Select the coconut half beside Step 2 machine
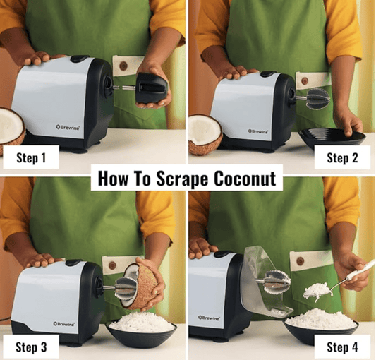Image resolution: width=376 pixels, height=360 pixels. pyautogui.click(x=205, y=132)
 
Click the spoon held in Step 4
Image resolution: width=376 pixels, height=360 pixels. pyautogui.click(x=353, y=273)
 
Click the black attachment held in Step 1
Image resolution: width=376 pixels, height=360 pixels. pyautogui.click(x=151, y=88)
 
